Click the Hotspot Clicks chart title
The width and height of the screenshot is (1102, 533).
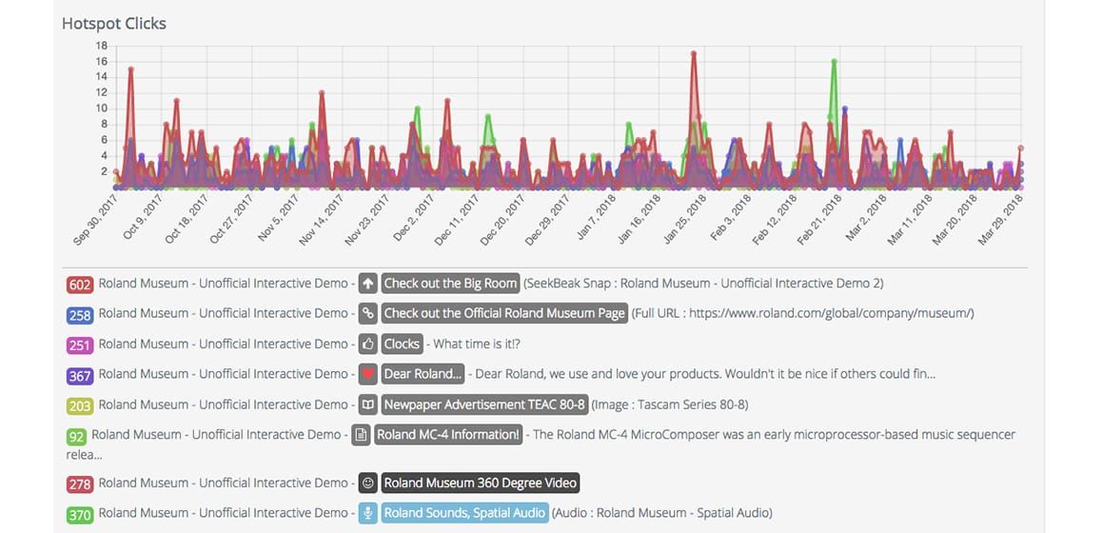[x=113, y=23]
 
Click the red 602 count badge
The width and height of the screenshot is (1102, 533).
[x=79, y=284]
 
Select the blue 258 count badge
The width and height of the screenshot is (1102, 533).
[x=79, y=314]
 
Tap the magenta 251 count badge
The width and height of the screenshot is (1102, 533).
[x=79, y=345]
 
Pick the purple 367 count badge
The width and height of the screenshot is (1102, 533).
[x=79, y=375]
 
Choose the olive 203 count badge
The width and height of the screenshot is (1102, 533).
[x=79, y=405]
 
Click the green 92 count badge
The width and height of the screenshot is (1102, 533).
[x=76, y=436]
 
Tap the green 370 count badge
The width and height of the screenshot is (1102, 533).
[x=79, y=514]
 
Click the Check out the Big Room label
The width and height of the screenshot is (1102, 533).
[x=450, y=284]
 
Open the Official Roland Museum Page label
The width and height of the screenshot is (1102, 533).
[x=504, y=313]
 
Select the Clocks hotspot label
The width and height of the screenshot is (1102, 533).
[x=402, y=344]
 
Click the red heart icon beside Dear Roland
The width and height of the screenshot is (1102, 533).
[x=367, y=374]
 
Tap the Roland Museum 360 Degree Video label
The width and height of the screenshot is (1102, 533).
[x=480, y=484]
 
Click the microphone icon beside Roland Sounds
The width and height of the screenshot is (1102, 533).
[x=367, y=513]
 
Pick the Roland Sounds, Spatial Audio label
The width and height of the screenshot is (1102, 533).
[x=465, y=513]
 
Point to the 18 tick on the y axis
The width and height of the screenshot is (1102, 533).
[x=101, y=46]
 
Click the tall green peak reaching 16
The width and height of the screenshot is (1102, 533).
[x=834, y=62]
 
